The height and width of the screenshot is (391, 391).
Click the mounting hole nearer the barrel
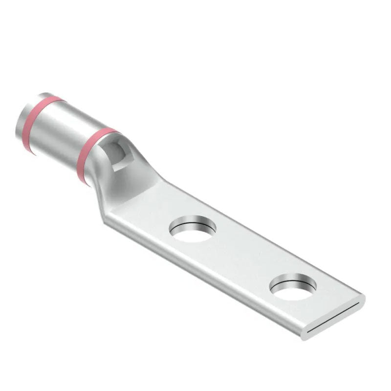pos(194,229)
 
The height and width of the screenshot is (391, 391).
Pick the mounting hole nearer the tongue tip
pos(293,288)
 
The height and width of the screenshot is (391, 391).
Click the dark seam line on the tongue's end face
pos(337,318)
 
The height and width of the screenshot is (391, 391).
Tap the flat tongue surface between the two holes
pos(244,254)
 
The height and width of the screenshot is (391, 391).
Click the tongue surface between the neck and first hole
pos(156,205)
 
